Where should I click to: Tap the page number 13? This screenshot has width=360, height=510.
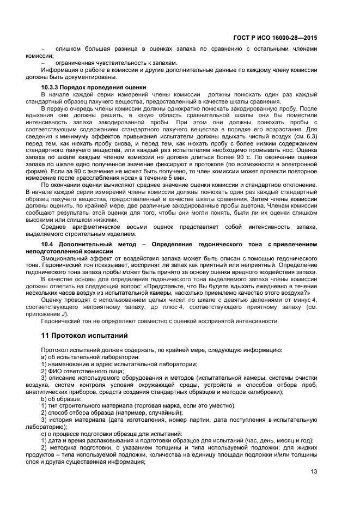point(314,472)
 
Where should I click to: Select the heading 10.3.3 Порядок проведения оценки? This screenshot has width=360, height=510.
point(94,87)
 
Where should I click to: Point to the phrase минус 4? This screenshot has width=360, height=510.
point(305,301)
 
